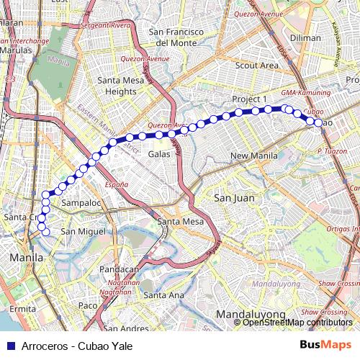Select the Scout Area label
click(256, 66)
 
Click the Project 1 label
click(249, 99)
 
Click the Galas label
click(158, 154)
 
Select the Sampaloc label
click(79, 204)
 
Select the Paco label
click(86, 306)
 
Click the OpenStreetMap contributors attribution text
click(297, 322)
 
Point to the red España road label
click(116, 185)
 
